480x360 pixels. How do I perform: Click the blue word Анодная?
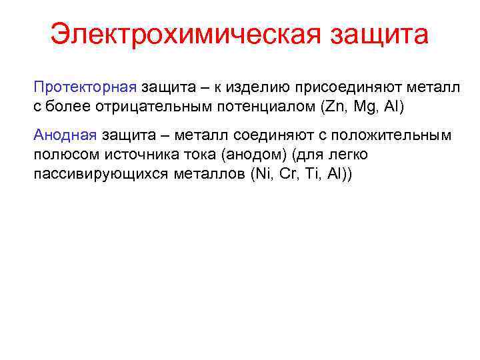65,136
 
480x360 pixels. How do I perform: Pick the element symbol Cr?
290,173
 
